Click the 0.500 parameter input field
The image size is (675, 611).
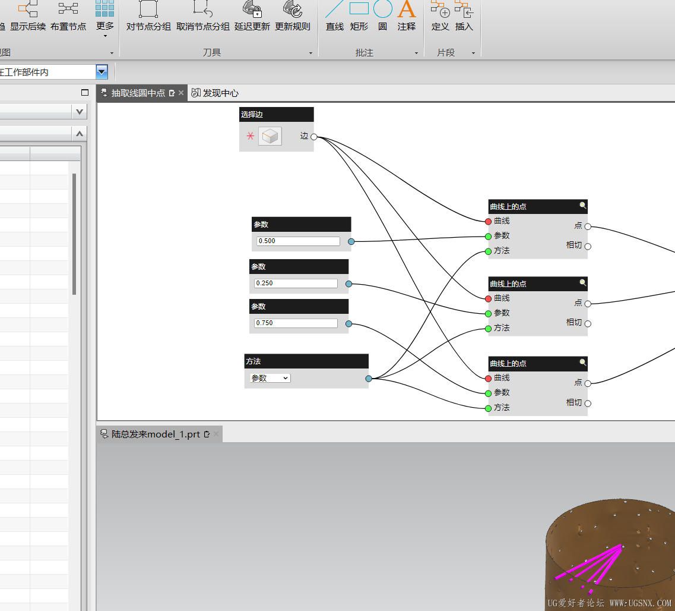coord(298,241)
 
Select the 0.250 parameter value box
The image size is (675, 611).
coord(296,284)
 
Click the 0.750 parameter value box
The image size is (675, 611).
coord(296,323)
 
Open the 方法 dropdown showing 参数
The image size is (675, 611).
coord(270,379)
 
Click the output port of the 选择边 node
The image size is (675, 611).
coord(314,137)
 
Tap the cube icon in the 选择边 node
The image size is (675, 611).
coord(270,136)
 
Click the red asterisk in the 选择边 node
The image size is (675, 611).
coord(251,136)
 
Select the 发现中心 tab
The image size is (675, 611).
coord(215,93)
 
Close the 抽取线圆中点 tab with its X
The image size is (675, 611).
coord(181,93)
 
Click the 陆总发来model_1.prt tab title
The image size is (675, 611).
coord(156,434)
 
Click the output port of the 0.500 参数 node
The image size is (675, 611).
coord(351,242)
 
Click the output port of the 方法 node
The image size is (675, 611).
coord(369,379)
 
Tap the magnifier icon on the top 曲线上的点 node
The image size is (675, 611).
coord(582,206)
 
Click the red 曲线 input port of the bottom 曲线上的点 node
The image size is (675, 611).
coord(488,379)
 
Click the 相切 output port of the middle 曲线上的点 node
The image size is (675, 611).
coord(588,323)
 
